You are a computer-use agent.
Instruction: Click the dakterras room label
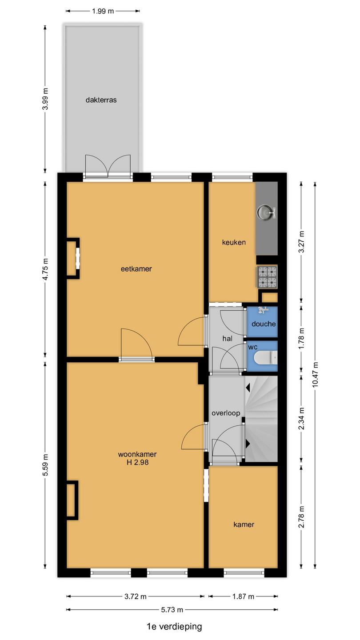tap(101, 100)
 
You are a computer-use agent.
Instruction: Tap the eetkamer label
tap(136, 269)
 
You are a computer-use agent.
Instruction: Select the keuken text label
tap(234, 242)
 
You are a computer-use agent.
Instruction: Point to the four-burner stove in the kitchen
tap(268, 276)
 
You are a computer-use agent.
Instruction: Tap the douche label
tap(264, 324)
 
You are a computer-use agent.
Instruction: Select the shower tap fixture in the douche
tap(264, 310)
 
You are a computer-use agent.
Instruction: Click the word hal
tap(228, 339)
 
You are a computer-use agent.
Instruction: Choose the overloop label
tap(226, 413)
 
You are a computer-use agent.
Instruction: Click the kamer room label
tap(244, 524)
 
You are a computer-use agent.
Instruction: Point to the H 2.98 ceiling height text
tap(138, 462)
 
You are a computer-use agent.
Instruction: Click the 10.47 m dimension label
tap(315, 375)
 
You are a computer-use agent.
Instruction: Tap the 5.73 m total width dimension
tap(172, 610)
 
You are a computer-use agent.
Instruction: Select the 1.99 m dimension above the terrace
tap(103, 11)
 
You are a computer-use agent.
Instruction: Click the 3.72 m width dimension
tap(136, 596)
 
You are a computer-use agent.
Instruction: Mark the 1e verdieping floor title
tap(174, 627)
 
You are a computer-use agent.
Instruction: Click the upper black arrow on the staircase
tap(248, 388)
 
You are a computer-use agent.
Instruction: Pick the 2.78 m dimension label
tap(301, 517)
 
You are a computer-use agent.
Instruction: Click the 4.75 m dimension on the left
tap(45, 269)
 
